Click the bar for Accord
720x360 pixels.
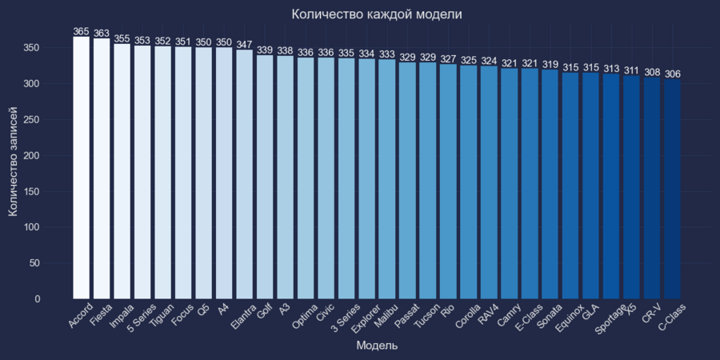click(82, 168)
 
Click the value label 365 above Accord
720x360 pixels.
click(82, 32)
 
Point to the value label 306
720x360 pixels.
click(672, 74)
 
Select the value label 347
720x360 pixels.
click(244, 45)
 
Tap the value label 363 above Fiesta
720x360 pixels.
click(102, 34)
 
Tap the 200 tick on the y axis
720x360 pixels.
click(52, 155)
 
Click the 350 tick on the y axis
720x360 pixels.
click(52, 48)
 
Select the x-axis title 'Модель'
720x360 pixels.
click(377, 346)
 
